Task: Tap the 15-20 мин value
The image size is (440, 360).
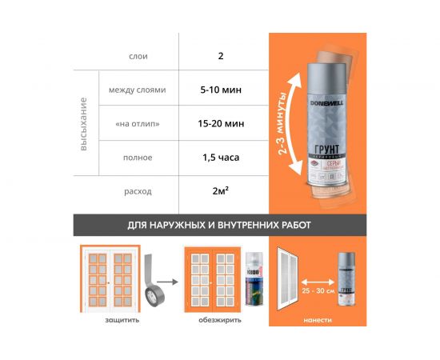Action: coord(220,124)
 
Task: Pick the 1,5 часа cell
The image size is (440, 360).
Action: coord(220,158)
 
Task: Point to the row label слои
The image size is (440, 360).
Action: coord(138,57)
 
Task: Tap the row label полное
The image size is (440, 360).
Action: coord(138,158)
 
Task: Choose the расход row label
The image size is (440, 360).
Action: coord(138,192)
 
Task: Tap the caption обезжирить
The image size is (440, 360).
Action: coord(216,320)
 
